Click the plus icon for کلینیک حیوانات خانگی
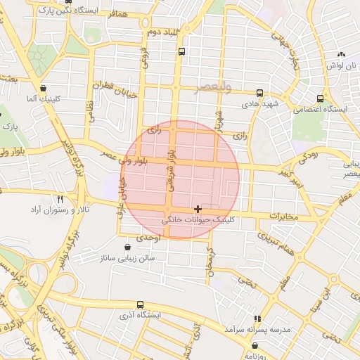[x=198, y=209]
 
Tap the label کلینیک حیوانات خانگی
[x=200, y=220]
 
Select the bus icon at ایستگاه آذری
[x=141, y=305]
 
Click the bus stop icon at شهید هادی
[x=260, y=93]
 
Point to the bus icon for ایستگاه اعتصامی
[x=321, y=99]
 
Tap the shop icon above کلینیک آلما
[x=44, y=89]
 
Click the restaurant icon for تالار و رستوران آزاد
[x=60, y=200]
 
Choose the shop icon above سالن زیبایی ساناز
[x=127, y=247]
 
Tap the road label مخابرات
[x=283, y=215]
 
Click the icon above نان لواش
[x=342, y=54]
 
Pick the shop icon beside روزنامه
[x=254, y=346]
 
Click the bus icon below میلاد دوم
[x=182, y=52]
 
